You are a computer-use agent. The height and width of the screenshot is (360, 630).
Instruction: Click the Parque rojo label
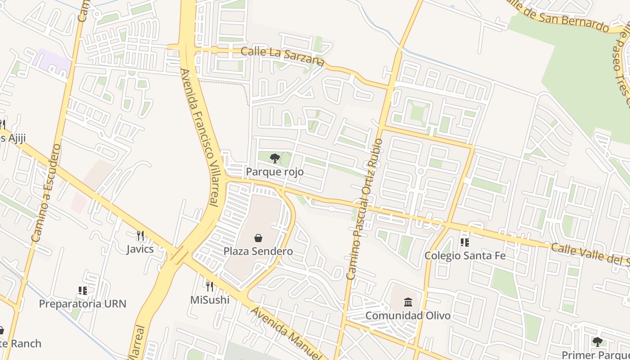click(274, 172)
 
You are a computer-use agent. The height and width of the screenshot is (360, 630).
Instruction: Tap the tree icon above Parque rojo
click(274, 158)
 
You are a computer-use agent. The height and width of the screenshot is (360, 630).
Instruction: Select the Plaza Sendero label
click(258, 252)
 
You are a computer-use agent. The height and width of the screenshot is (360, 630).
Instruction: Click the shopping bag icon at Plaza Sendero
click(258, 238)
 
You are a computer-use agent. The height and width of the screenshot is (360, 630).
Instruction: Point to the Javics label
click(140, 249)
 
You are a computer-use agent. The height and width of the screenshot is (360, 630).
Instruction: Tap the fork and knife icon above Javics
click(140, 235)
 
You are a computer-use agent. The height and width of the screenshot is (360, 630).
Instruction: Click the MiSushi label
click(210, 300)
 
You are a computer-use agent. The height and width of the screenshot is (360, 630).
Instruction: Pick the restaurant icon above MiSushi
click(209, 286)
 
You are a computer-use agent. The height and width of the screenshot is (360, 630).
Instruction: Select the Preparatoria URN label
click(82, 304)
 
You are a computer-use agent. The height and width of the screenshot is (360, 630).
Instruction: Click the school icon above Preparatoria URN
click(82, 291)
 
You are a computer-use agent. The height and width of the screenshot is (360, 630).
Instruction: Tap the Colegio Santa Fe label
click(465, 256)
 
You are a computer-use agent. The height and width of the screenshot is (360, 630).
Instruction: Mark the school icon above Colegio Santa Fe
click(465, 243)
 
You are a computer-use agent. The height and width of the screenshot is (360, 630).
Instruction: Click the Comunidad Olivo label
click(408, 315)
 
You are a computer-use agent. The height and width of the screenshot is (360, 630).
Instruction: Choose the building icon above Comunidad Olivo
click(408, 301)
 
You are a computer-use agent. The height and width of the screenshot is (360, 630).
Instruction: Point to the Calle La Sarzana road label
click(283, 56)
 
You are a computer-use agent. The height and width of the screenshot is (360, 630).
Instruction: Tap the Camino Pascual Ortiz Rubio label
click(364, 209)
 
